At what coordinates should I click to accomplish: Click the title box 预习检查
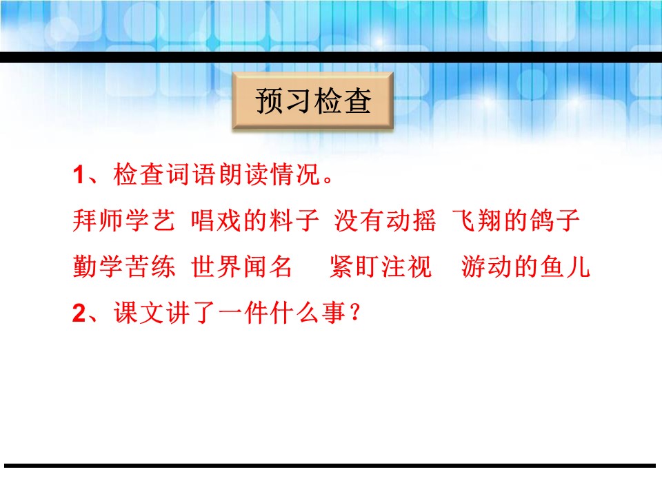point(313,102)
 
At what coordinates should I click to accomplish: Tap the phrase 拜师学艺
point(119,222)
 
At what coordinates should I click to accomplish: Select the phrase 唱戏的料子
point(254,222)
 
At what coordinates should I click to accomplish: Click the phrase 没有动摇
point(385,222)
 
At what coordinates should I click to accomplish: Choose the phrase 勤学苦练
point(119,267)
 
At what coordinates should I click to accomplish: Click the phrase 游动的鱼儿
point(526,267)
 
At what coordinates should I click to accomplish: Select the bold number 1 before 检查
point(78,176)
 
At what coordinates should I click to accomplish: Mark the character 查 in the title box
point(358,103)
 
